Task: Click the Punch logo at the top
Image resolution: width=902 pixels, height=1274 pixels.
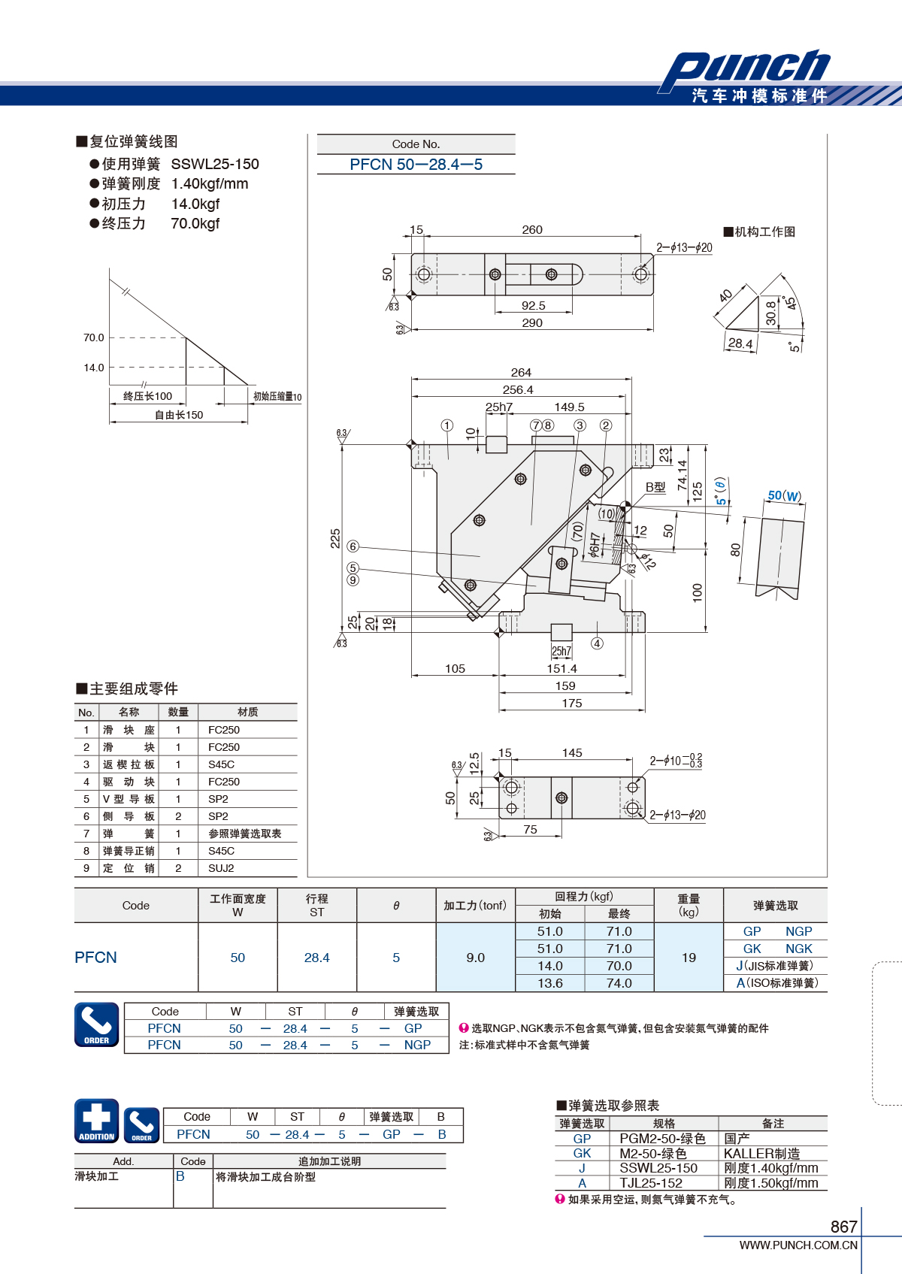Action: [x=745, y=69]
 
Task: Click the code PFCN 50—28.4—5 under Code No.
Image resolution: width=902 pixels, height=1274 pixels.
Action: [x=416, y=165]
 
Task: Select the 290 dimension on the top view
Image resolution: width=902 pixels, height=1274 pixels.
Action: [x=531, y=322]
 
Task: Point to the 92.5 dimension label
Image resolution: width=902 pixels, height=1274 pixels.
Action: [x=534, y=305]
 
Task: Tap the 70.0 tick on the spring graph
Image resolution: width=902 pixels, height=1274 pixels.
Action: [x=94, y=337]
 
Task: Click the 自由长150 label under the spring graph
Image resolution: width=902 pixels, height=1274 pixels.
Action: [x=179, y=415]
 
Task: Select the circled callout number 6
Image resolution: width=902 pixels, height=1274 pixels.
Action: [x=353, y=546]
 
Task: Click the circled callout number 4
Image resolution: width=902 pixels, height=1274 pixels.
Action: [x=597, y=643]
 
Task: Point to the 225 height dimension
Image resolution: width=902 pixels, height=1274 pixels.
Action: [x=335, y=538]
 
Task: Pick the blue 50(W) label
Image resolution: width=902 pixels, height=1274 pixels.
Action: [x=784, y=495]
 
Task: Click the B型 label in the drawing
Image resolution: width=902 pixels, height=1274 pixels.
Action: [x=655, y=487]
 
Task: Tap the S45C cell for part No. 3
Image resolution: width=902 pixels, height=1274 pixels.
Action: [x=221, y=764]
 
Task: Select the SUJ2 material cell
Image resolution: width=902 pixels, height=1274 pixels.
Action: [x=221, y=868]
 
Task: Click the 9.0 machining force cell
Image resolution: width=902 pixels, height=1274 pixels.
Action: [x=476, y=958]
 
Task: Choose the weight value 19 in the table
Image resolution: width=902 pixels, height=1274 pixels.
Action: [x=689, y=958]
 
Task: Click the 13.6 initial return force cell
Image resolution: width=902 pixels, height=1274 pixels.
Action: [x=550, y=983]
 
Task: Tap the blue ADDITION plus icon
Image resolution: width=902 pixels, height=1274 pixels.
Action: [x=97, y=1121]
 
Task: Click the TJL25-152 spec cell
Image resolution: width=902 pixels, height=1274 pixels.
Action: [x=651, y=1183]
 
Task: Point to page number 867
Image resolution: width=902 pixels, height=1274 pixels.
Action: [x=843, y=1227]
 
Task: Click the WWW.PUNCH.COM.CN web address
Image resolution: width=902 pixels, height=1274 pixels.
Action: [x=798, y=1245]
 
